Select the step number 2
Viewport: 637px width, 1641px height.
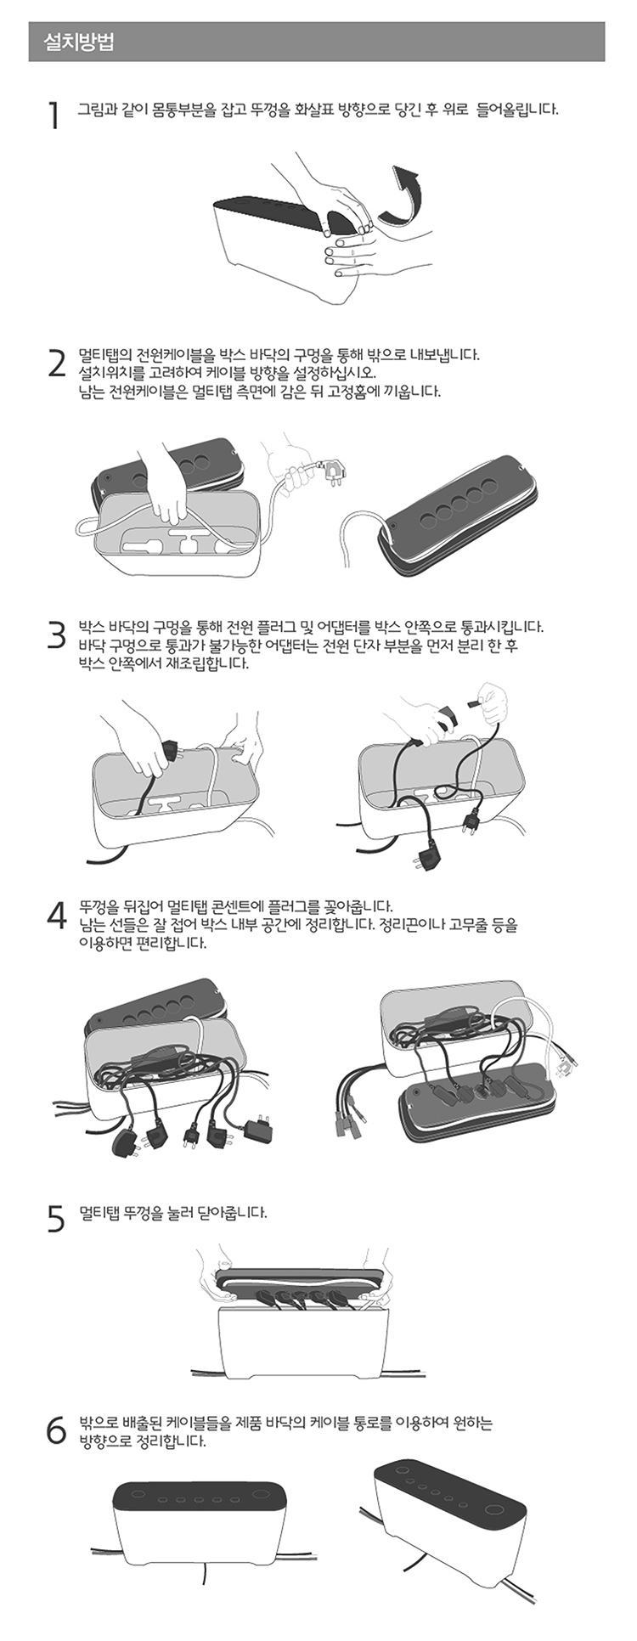(56, 363)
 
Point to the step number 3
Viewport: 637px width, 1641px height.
(56, 635)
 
